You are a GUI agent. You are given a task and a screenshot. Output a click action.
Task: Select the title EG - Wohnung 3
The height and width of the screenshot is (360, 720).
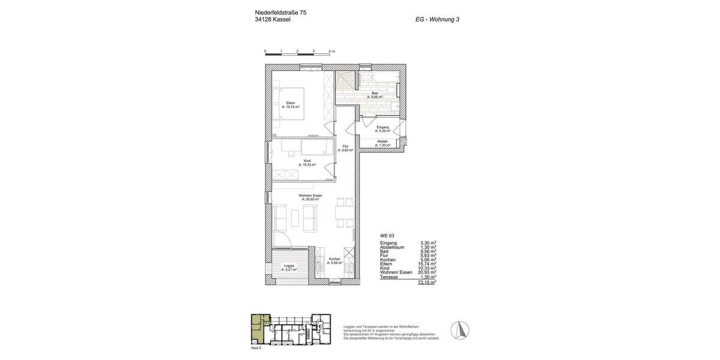pyautogui.click(x=437, y=19)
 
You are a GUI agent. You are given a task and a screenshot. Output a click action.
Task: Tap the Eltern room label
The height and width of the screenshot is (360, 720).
pyautogui.click(x=290, y=103)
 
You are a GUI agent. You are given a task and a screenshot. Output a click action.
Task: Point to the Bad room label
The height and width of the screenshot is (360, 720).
pyautogui.click(x=374, y=93)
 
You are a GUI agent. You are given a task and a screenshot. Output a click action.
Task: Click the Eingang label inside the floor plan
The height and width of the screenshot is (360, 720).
pyautogui.click(x=383, y=127)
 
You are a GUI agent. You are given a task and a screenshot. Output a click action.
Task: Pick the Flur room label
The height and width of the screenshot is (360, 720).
pyautogui.click(x=346, y=146)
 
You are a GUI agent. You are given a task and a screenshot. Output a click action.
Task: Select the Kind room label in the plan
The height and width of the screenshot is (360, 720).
pyautogui.click(x=307, y=161)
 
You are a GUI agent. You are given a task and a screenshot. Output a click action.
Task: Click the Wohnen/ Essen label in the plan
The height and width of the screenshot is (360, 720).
pyautogui.click(x=311, y=196)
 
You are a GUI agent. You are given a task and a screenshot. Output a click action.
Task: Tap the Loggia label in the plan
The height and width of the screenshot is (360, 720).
pyautogui.click(x=289, y=265)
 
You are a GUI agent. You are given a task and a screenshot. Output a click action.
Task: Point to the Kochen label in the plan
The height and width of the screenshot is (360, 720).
pyautogui.click(x=334, y=259)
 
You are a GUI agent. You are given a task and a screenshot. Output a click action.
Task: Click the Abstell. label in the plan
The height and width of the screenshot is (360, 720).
pyautogui.click(x=382, y=142)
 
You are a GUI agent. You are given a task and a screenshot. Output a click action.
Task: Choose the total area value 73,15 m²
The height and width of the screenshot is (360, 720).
pyautogui.click(x=427, y=282)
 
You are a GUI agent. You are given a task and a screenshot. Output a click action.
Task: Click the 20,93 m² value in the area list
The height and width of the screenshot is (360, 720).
pyautogui.click(x=427, y=272)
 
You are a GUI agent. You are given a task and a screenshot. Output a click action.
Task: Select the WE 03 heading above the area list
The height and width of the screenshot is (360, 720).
pyautogui.click(x=388, y=236)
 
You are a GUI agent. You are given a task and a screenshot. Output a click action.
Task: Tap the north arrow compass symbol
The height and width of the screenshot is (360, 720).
pyautogui.click(x=460, y=330)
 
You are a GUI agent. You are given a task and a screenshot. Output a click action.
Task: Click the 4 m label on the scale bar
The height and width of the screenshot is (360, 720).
pyautogui.click(x=332, y=51)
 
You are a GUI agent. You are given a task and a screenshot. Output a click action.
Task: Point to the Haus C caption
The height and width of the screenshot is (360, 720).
pyautogui.click(x=256, y=348)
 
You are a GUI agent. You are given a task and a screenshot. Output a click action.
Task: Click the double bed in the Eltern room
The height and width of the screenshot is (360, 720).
pyautogui.click(x=290, y=104)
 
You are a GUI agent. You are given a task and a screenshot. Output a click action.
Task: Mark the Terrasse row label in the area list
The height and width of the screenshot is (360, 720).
pyautogui.click(x=390, y=277)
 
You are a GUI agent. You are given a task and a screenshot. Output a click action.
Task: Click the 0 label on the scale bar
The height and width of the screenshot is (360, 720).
pyautogui.click(x=265, y=51)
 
